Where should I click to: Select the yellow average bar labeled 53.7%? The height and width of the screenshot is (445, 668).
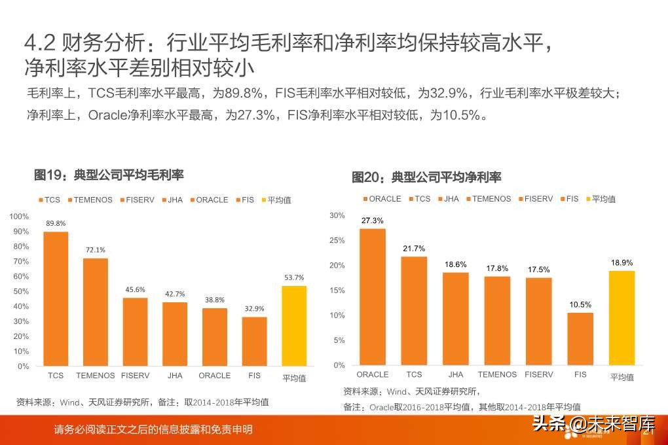pyautogui.click(x=294, y=326)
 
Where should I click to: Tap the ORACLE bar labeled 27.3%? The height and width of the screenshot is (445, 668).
pyautogui.click(x=372, y=296)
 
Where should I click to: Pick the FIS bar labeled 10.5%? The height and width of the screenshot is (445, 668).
pyautogui.click(x=580, y=339)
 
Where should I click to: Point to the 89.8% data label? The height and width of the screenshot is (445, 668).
pyautogui.click(x=56, y=224)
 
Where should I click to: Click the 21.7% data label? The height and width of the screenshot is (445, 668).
pyautogui.click(x=414, y=249)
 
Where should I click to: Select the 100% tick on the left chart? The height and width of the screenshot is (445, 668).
pyautogui.click(x=20, y=217)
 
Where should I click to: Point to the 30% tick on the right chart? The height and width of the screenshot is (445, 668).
pyautogui.click(x=337, y=215)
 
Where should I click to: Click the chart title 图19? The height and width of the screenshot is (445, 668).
pyautogui.click(x=109, y=175)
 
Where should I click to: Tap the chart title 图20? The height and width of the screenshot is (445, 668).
pyautogui.click(x=426, y=177)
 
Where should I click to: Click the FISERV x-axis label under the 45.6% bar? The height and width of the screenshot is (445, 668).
pyautogui.click(x=136, y=376)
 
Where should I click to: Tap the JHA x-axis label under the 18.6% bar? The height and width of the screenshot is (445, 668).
pyautogui.click(x=456, y=375)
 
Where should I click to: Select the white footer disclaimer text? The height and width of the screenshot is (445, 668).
pyautogui.click(x=153, y=430)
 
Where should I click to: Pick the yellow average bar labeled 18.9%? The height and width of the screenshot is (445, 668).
pyautogui.click(x=622, y=318)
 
